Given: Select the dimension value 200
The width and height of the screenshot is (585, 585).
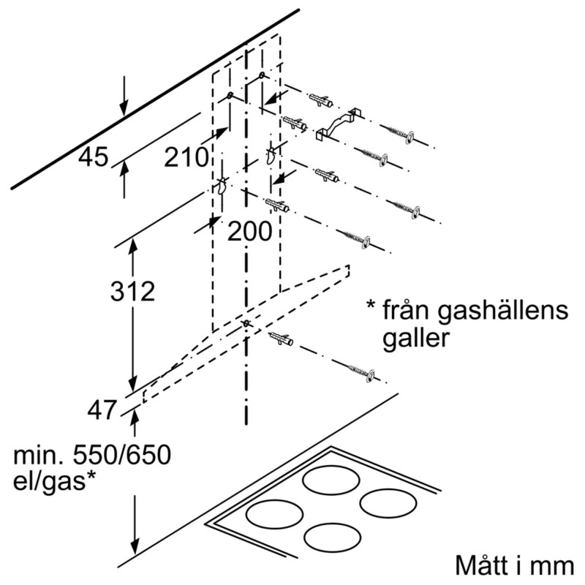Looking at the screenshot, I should coord(249,232).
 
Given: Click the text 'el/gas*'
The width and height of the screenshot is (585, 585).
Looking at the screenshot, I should coord(56,481).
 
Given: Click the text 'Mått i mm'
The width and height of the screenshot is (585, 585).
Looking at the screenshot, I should coord(516,567).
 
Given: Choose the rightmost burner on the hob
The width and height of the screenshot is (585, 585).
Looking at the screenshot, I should coord(390,503).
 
